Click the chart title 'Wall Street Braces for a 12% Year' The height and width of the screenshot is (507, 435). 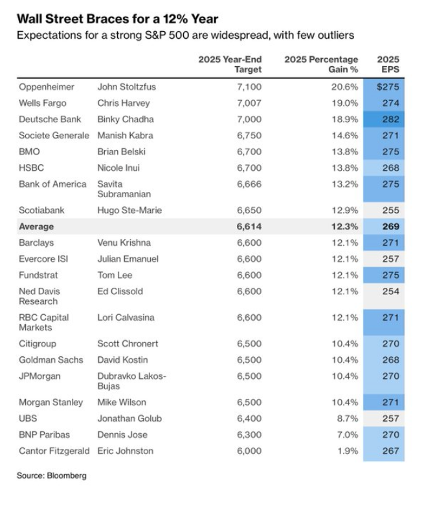click(x=118, y=19)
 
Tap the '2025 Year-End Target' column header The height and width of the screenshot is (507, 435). click(x=230, y=65)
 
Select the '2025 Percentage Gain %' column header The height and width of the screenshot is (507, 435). click(x=321, y=65)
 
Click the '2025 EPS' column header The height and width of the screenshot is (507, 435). click(x=388, y=65)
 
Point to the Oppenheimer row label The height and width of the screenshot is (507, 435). click(x=47, y=87)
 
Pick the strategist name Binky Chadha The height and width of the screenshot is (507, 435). click(x=126, y=119)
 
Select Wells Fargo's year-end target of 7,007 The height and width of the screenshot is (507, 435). click(x=249, y=103)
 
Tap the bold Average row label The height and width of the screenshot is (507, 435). click(x=36, y=226)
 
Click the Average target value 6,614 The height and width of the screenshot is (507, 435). click(x=249, y=226)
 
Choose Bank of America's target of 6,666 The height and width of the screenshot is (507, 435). click(x=249, y=184)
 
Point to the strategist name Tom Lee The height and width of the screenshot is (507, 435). click(x=115, y=275)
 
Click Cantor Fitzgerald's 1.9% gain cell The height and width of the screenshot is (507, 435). click(x=348, y=451)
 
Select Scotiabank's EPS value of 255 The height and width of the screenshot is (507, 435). click(x=391, y=211)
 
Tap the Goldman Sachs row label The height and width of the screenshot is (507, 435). click(x=51, y=360)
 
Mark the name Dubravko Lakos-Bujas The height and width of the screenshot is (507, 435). click(x=132, y=382)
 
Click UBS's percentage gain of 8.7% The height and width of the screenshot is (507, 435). click(x=348, y=419)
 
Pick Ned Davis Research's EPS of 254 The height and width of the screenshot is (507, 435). click(x=391, y=291)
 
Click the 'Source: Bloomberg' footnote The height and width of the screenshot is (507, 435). click(x=52, y=476)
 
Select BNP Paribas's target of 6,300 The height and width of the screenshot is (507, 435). click(x=249, y=435)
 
